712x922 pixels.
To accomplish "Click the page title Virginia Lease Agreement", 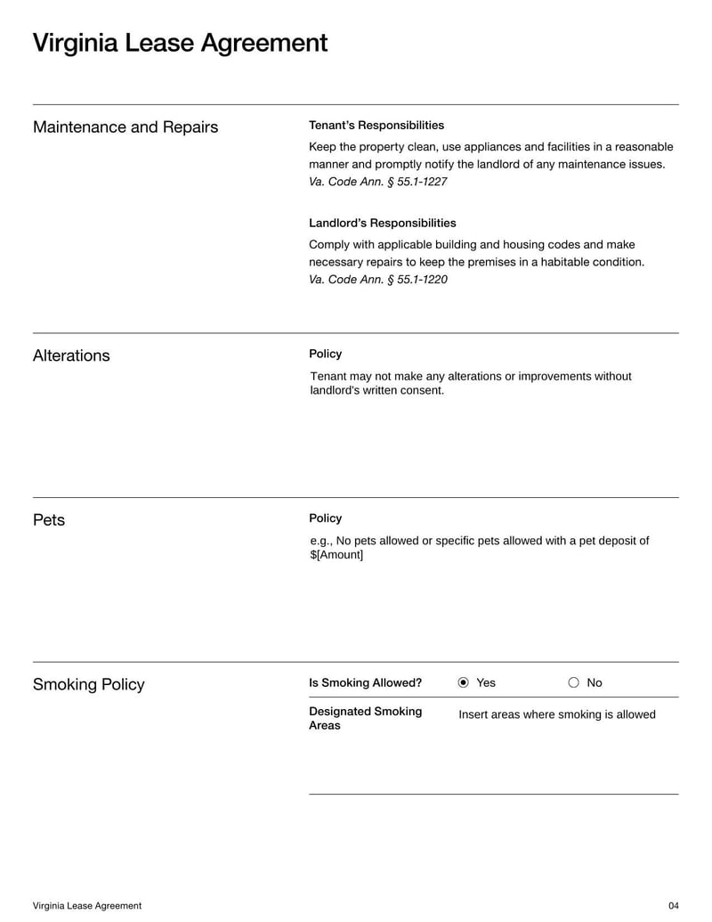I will [x=180, y=43].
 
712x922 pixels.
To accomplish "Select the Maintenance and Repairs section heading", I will [x=125, y=127].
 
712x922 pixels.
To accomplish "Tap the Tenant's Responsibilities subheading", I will [x=376, y=126].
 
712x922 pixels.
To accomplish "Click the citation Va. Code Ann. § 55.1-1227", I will [x=377, y=182].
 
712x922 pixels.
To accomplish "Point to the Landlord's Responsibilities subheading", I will [x=382, y=223].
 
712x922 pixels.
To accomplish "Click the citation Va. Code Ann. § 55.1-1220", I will [x=377, y=280].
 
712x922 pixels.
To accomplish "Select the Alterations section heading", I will [x=71, y=355].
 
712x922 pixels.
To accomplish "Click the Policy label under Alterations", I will [x=325, y=354].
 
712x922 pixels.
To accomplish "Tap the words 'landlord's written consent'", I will [x=376, y=390].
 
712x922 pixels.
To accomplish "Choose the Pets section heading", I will [x=49, y=520].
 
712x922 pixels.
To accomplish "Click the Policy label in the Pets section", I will [x=325, y=518].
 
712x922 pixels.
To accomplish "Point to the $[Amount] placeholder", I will [x=336, y=555].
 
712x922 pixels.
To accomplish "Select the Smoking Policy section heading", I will [x=88, y=684].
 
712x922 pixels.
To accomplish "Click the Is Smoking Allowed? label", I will [x=365, y=683].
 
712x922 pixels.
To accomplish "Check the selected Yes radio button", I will [x=464, y=683].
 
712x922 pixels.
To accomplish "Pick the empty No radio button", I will [x=573, y=683].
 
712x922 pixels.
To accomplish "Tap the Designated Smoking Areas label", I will [x=365, y=718].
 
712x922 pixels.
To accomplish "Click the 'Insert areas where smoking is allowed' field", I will [x=556, y=714].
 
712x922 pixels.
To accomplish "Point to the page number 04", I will [x=673, y=906].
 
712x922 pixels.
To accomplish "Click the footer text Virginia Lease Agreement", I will [x=87, y=906].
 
